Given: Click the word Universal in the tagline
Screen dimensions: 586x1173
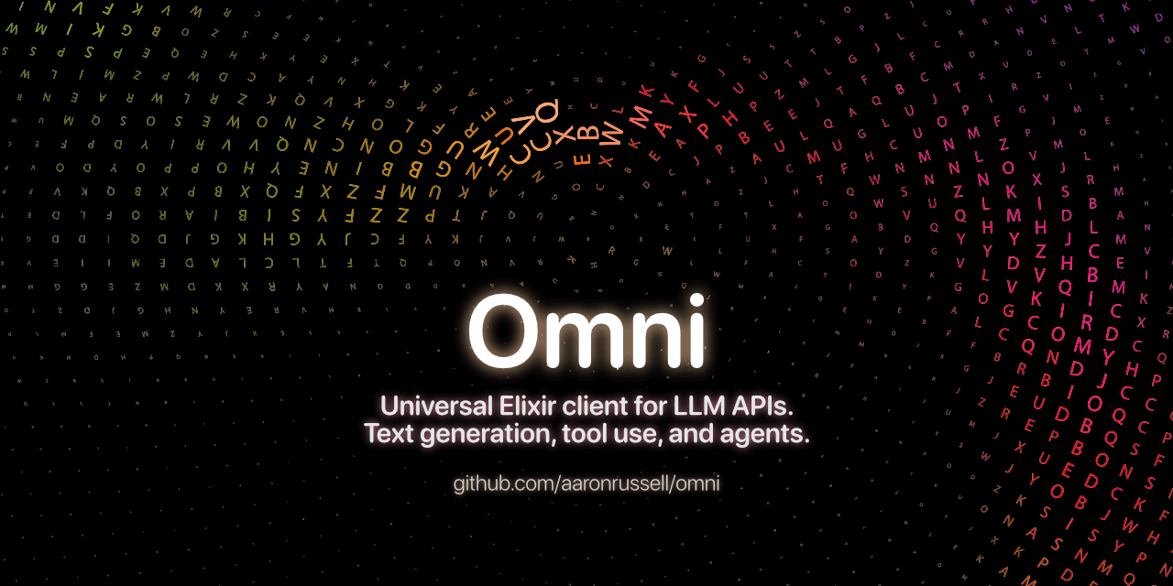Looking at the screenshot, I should [x=435, y=405].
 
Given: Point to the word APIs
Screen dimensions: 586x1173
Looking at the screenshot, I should [x=767, y=405].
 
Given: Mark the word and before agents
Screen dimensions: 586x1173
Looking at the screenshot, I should [x=691, y=434].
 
